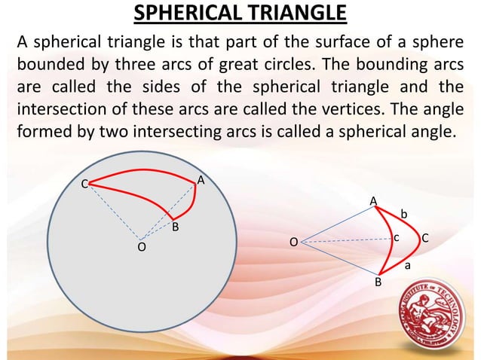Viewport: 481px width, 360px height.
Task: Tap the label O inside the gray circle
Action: pyautogui.click(x=141, y=247)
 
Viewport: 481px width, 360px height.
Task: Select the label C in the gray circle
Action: pyautogui.click(x=86, y=184)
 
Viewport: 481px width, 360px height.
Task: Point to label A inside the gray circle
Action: pyautogui.click(x=201, y=181)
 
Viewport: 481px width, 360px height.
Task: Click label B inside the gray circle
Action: pyautogui.click(x=174, y=226)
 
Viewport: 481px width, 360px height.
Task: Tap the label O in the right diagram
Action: pyautogui.click(x=295, y=242)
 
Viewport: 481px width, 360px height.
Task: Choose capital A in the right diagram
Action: pyautogui.click(x=372, y=200)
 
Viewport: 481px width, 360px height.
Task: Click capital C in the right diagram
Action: pyautogui.click(x=425, y=238)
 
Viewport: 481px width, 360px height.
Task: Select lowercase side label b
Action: pyautogui.click(x=403, y=215)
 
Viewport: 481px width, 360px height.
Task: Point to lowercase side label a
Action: pyautogui.click(x=408, y=265)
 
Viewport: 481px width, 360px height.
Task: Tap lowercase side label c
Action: pyautogui.click(x=396, y=238)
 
